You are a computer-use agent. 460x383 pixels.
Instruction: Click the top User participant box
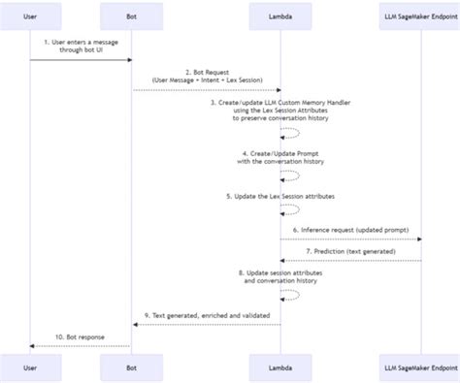pos(29,16)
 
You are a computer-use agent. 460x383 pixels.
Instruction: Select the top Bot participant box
pos(131,16)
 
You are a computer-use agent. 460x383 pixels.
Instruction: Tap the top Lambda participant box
pos(280,16)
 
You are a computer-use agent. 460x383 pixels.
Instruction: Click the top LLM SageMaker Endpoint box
pos(421,16)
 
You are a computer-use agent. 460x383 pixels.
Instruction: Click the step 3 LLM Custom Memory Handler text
pos(280,110)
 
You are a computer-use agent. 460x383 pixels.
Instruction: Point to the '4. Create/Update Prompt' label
pos(280,156)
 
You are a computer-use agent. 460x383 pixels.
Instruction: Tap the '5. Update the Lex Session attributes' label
pos(280,197)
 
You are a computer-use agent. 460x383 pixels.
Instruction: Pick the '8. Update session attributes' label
pos(280,278)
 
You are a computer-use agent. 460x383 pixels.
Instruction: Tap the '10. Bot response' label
pos(81,335)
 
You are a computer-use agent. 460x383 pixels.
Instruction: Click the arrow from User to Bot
pos(81,60)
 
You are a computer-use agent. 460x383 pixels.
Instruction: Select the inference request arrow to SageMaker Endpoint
pos(350,239)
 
